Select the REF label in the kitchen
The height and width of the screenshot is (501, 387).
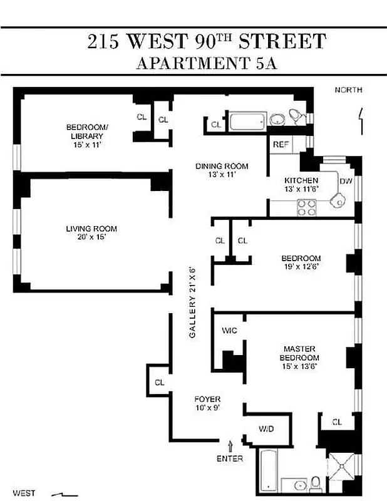click(281, 145)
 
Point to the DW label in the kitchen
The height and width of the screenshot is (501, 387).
click(346, 182)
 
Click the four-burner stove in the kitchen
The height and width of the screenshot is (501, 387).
click(306, 207)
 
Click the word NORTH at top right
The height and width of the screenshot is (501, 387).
click(348, 90)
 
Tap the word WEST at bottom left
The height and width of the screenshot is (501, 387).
click(23, 493)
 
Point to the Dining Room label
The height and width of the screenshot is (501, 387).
click(222, 166)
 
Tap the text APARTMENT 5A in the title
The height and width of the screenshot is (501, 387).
click(206, 63)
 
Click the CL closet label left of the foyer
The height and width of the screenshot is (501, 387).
click(159, 382)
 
